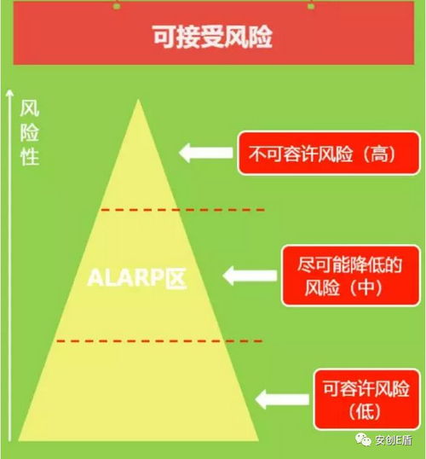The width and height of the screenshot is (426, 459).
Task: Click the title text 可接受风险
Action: point(212,37)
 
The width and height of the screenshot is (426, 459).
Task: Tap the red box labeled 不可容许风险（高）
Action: point(329,153)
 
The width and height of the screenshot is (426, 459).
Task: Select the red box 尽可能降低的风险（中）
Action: point(351,276)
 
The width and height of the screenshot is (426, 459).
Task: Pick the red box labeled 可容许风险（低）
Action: point(367,399)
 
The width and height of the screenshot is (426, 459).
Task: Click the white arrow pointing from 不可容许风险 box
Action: point(206,153)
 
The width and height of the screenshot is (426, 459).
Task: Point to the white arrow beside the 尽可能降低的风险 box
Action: point(250,276)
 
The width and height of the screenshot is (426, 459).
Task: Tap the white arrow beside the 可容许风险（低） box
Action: point(282,399)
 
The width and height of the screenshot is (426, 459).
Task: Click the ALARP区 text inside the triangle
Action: point(137,278)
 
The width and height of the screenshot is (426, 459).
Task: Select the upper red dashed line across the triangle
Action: point(182,210)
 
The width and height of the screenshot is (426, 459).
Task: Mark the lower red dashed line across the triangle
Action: point(159,340)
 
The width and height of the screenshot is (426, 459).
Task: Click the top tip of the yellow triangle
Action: point(138,100)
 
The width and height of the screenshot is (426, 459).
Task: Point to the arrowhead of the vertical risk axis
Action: point(10,92)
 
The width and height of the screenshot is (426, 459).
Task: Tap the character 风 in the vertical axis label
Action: point(30,108)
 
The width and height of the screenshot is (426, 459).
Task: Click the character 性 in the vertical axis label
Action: point(30,157)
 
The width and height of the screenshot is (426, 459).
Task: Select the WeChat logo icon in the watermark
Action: point(363,439)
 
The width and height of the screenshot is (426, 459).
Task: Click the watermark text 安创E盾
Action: point(394,440)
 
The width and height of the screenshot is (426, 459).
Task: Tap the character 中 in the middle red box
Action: point(366,288)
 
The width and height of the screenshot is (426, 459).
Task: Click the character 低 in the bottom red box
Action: point(366,412)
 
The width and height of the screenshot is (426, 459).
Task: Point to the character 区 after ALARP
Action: point(176,278)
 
